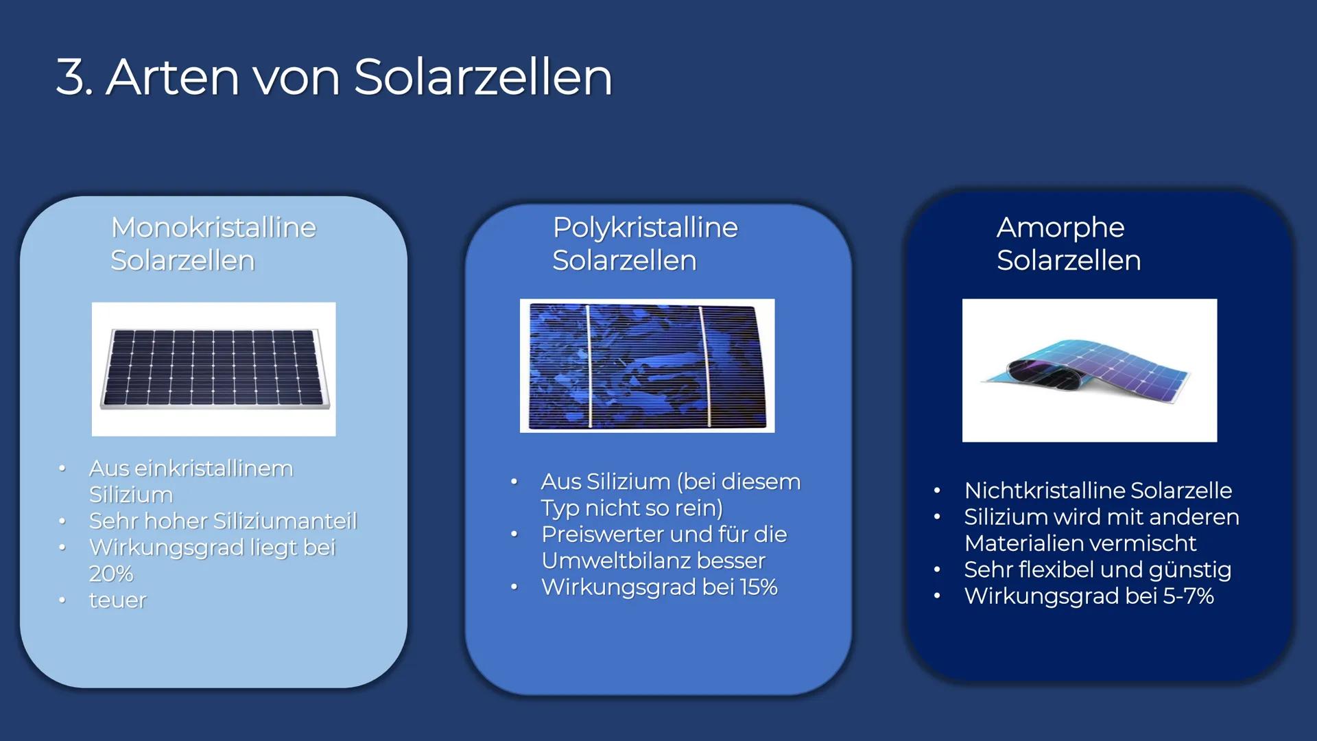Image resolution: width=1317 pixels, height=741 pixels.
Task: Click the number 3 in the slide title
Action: coord(71,77)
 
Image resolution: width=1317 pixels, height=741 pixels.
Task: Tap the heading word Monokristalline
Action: coord(213,227)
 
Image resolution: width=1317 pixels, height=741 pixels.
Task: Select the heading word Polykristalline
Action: coord(645,227)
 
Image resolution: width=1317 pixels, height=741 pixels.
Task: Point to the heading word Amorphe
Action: coord(1060,227)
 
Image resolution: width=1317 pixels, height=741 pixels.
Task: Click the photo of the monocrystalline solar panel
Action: coord(214,369)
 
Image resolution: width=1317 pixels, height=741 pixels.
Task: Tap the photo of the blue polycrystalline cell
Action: coord(647,366)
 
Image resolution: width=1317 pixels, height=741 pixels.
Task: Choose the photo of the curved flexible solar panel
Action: coord(1089,370)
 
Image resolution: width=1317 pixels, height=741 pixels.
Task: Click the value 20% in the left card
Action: coord(111,574)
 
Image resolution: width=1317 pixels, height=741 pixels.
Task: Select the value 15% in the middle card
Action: coord(758,587)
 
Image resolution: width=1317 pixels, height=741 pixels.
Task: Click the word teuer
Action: coord(118,600)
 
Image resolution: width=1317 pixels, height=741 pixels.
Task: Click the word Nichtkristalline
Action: coord(1044,491)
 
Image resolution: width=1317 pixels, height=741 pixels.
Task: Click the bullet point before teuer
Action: coord(62,600)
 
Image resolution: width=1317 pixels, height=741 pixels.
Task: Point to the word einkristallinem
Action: coord(214,469)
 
